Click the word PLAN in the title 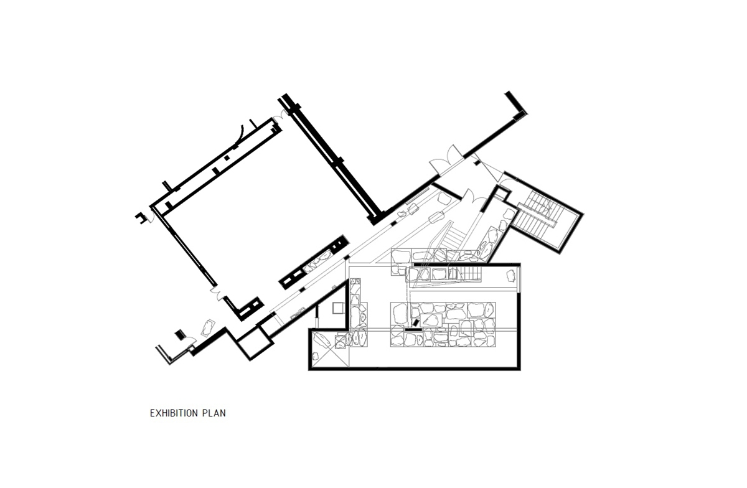214,413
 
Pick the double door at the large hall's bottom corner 218,294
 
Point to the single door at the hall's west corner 151,217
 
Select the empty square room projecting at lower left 254,343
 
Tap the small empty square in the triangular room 339,308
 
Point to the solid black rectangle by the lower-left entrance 181,334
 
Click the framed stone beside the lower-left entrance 208,327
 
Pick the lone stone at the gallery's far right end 510,276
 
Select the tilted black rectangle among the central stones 416,323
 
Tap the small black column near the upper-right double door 477,163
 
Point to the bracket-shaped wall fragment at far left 141,217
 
